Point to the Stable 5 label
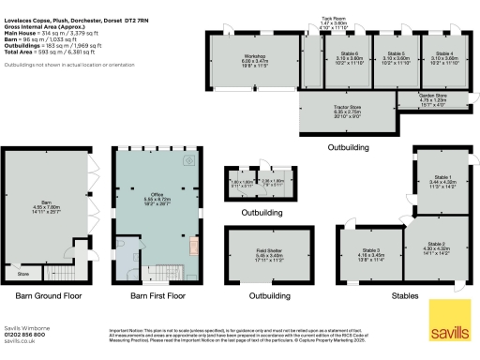pyautogui.click(x=396, y=53)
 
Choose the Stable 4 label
pyautogui.click(x=444, y=53)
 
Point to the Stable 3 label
pyautogui.click(x=371, y=249)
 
